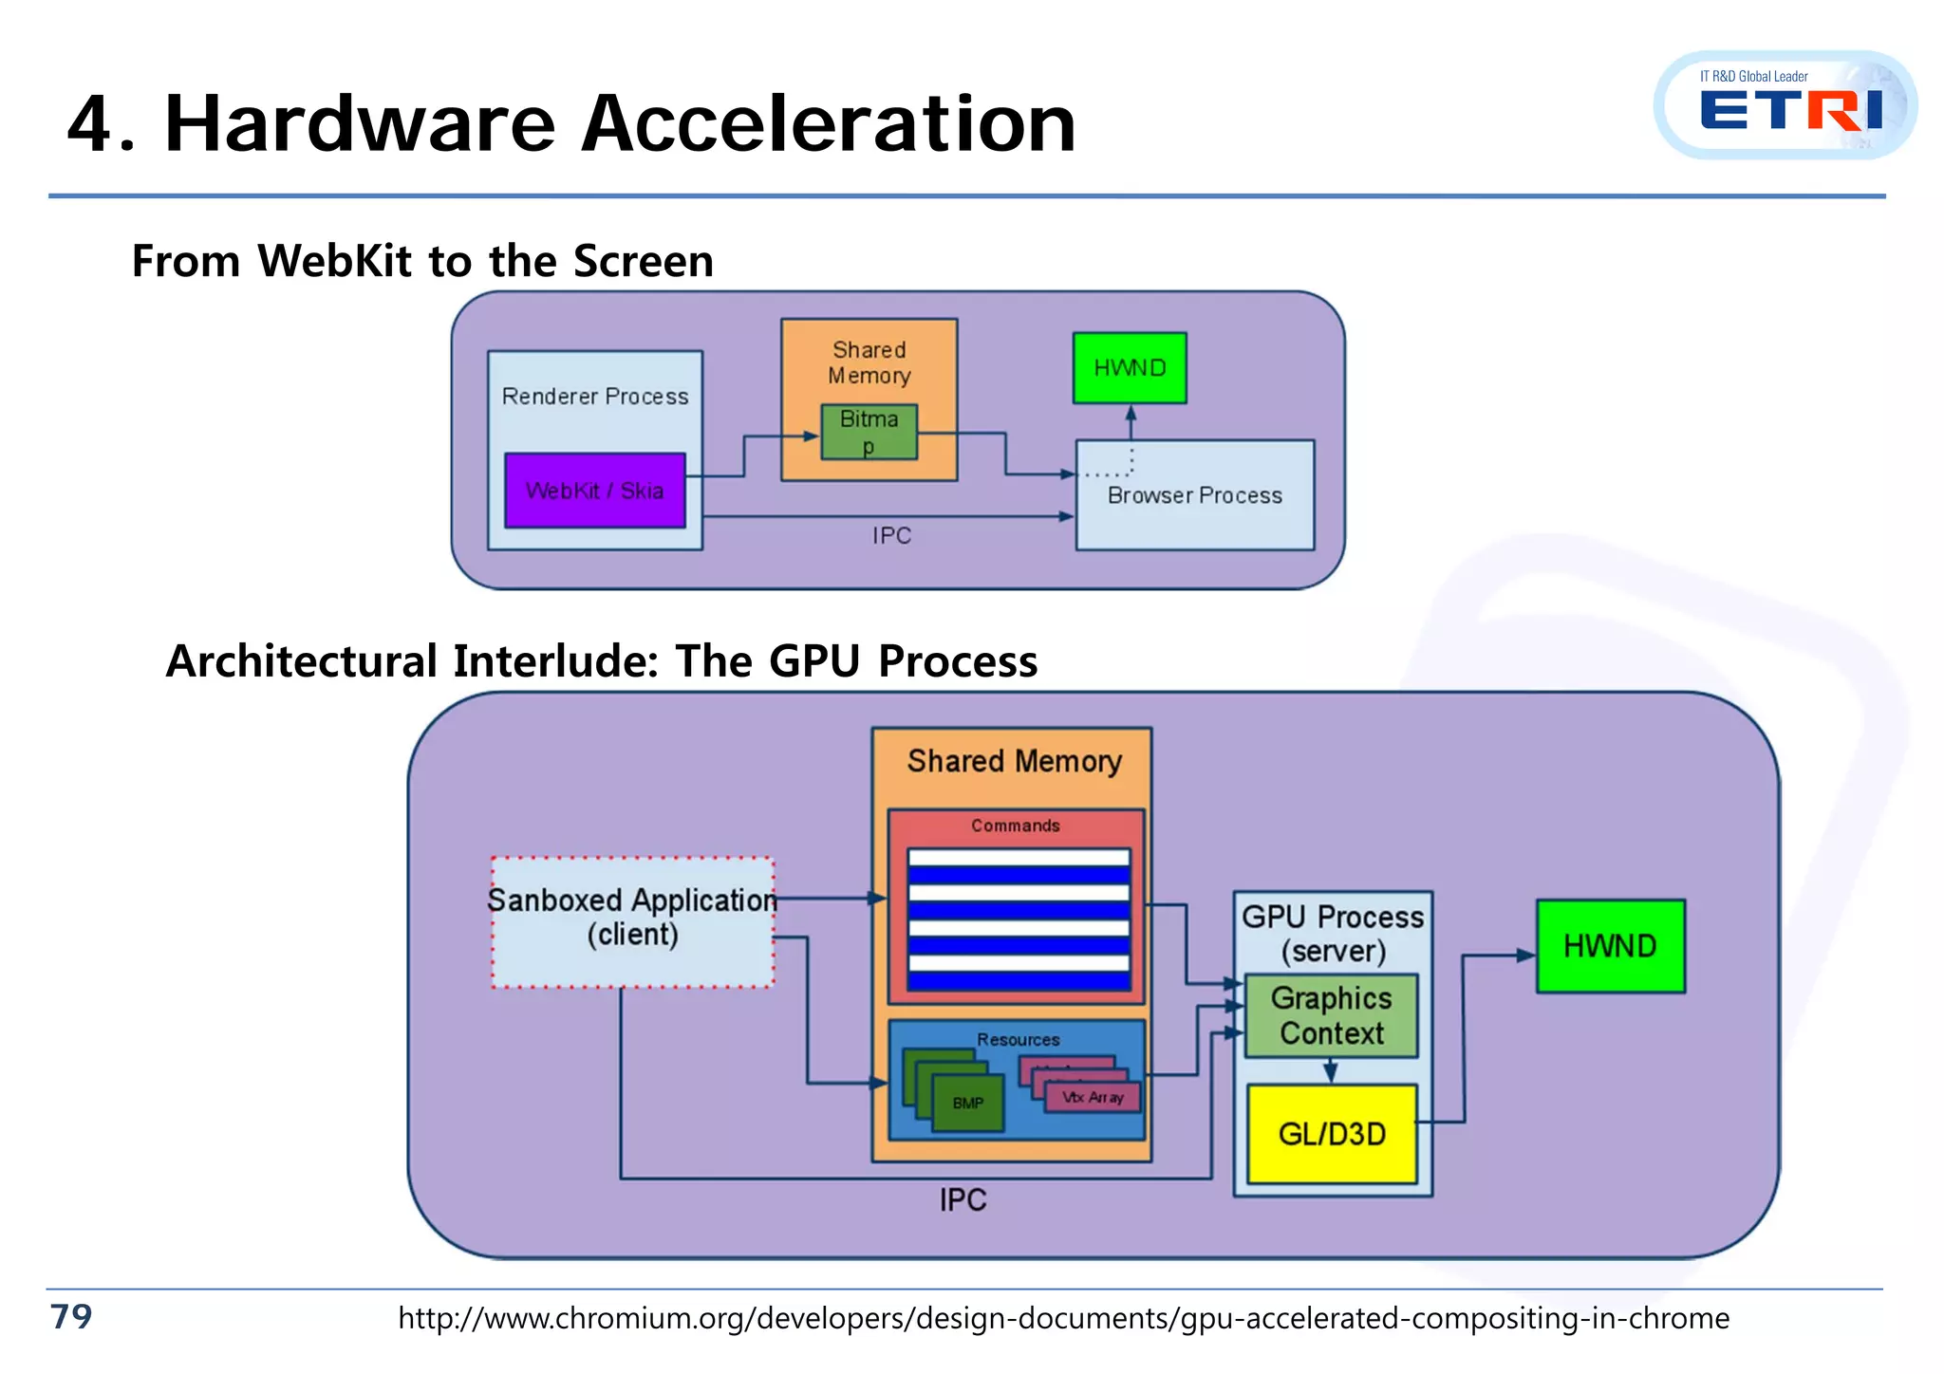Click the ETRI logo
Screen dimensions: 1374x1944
(x=1785, y=106)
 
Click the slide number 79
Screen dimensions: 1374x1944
(x=71, y=1316)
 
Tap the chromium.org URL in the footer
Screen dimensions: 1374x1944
(x=1063, y=1318)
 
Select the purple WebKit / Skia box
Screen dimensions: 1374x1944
(x=595, y=491)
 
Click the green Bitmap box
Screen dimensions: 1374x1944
(x=869, y=432)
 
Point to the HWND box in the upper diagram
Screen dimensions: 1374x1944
(x=1130, y=368)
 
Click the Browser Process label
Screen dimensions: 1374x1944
(x=1194, y=495)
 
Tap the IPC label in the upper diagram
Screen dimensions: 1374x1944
(x=891, y=536)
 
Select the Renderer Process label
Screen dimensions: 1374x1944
(x=595, y=397)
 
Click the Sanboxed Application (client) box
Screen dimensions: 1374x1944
(x=632, y=921)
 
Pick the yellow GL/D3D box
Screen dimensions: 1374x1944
(x=1332, y=1134)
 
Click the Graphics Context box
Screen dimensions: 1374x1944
(x=1331, y=1015)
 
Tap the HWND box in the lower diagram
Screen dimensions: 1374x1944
(x=1610, y=946)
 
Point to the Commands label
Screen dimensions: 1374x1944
(x=1015, y=826)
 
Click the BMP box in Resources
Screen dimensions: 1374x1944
(x=968, y=1103)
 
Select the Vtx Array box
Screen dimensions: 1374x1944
(x=1093, y=1098)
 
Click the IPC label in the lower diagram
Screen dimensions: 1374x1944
(x=963, y=1200)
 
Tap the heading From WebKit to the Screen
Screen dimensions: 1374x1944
(x=422, y=261)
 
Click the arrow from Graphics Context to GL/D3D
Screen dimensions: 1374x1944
(x=1331, y=1071)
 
